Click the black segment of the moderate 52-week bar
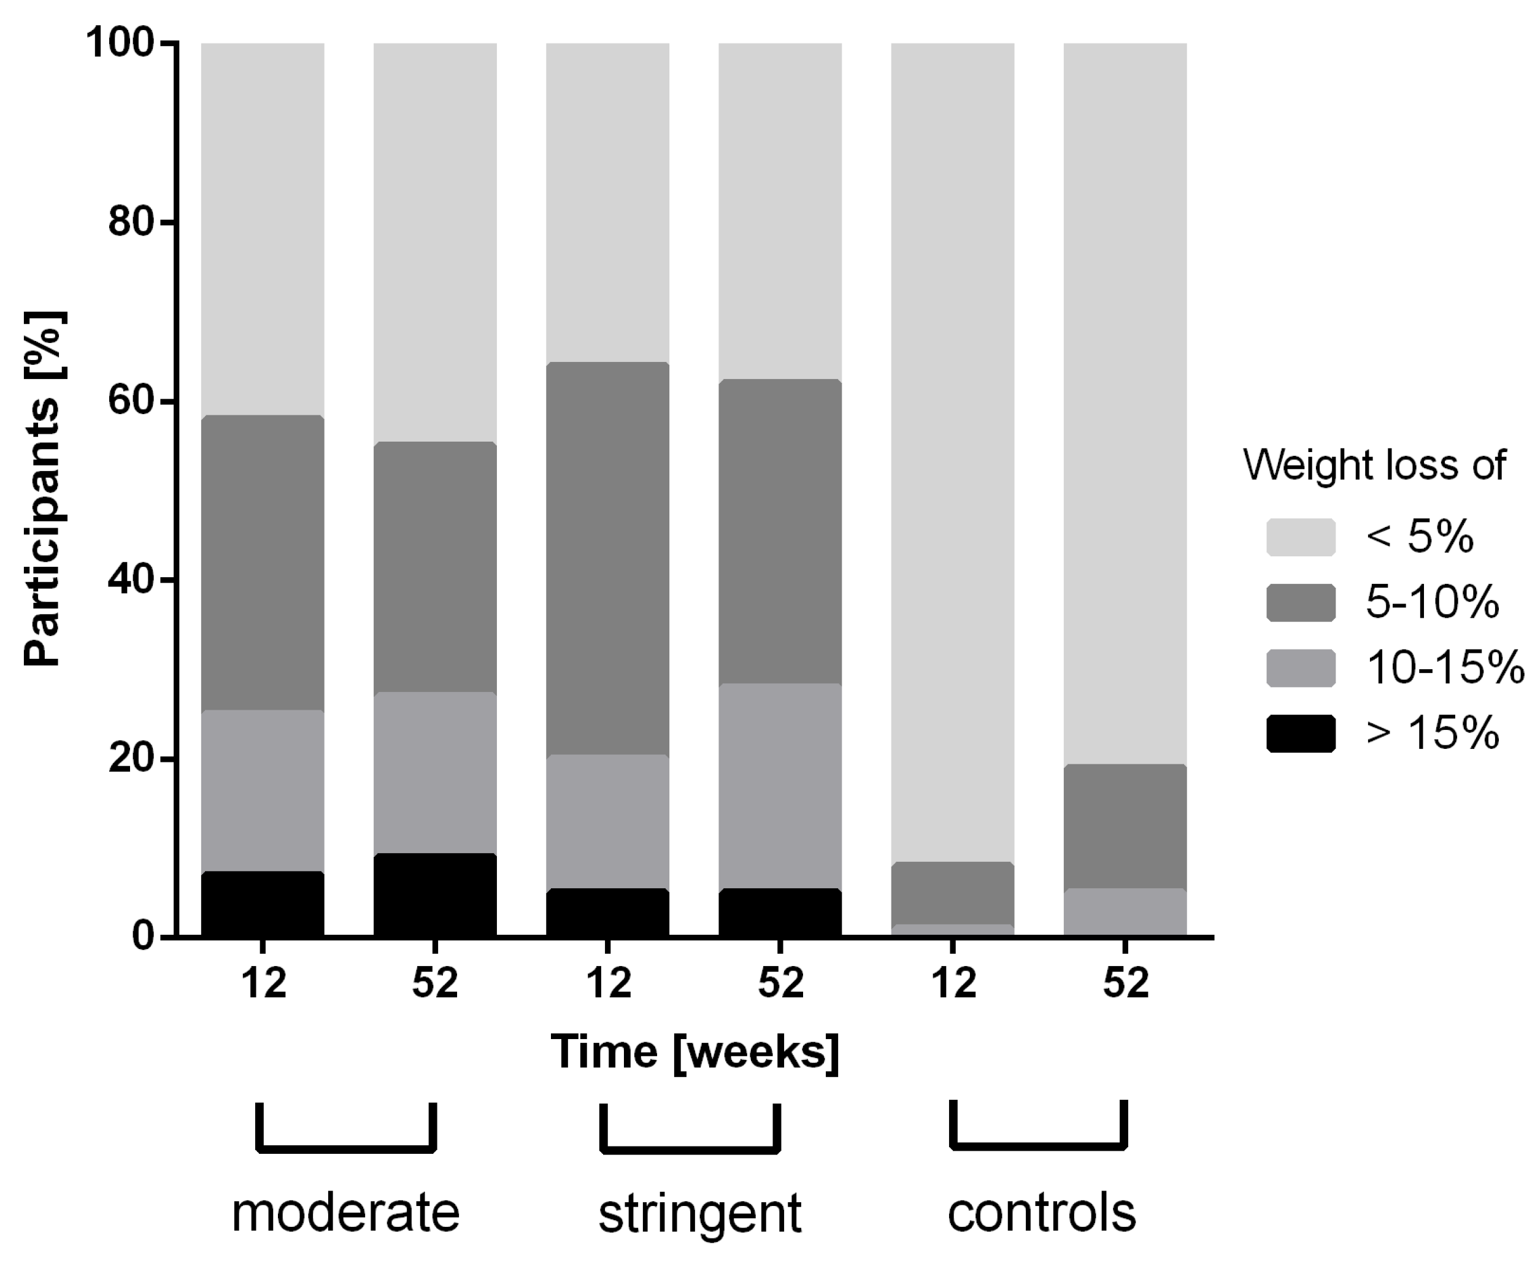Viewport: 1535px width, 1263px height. click(435, 894)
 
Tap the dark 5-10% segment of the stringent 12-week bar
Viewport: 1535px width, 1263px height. click(607, 558)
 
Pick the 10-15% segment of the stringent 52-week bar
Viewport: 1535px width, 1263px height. click(780, 786)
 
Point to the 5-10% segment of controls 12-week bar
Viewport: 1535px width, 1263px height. click(952, 893)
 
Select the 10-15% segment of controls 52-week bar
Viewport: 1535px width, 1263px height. click(1125, 912)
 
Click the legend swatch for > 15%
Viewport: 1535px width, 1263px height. click(1301, 734)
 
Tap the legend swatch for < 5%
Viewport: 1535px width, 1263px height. click(1301, 537)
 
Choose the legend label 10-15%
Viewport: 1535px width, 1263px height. click(1445, 667)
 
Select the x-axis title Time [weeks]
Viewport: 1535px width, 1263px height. click(694, 1052)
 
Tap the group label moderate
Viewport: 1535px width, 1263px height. click(345, 1212)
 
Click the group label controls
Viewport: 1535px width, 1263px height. click(1041, 1212)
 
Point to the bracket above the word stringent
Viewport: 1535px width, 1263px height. click(690, 1149)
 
